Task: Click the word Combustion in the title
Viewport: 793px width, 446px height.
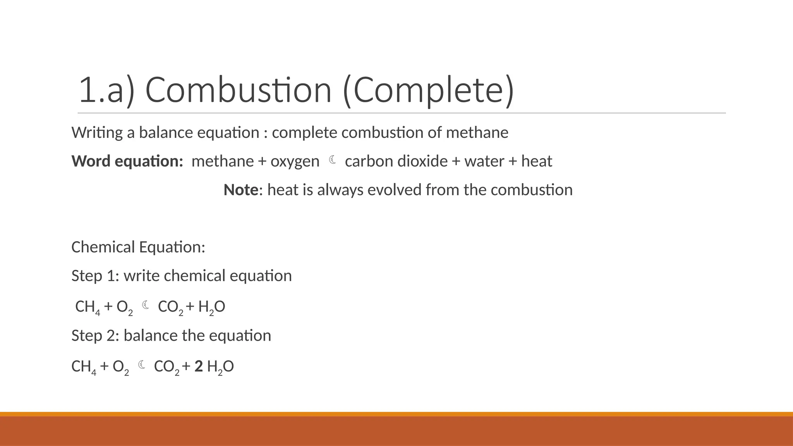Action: [x=238, y=90]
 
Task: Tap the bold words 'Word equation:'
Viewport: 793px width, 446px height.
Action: [x=127, y=161]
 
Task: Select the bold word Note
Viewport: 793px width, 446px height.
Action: [x=241, y=190]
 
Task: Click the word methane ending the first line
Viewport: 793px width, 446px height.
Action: [x=477, y=132]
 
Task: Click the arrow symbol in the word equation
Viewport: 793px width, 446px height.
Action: [x=332, y=160]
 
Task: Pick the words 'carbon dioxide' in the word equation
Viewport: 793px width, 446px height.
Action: [x=396, y=161]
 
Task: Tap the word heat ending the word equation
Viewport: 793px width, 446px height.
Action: [x=536, y=161]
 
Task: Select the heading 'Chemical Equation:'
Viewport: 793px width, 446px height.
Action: [x=138, y=247]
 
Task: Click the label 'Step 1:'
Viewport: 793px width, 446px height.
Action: [x=95, y=276]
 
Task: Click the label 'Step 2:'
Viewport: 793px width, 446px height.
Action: [x=95, y=335]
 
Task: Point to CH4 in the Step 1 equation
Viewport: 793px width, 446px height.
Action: [x=88, y=307]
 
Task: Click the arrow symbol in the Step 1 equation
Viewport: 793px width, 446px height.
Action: [x=146, y=305]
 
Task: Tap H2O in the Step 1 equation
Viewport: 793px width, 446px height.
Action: [x=211, y=307]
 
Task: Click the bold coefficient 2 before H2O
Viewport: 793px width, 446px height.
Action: [x=199, y=366]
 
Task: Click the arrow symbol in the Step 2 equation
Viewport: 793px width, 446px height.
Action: [x=142, y=365]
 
